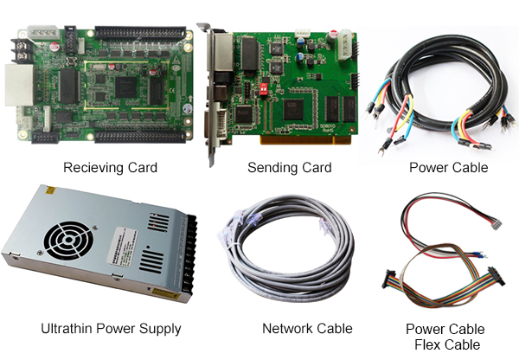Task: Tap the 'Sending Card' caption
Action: click(289, 167)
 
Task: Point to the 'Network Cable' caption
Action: click(307, 329)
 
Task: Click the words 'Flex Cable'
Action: click(445, 345)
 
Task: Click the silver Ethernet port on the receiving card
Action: click(18, 87)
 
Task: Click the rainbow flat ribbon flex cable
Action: click(441, 286)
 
